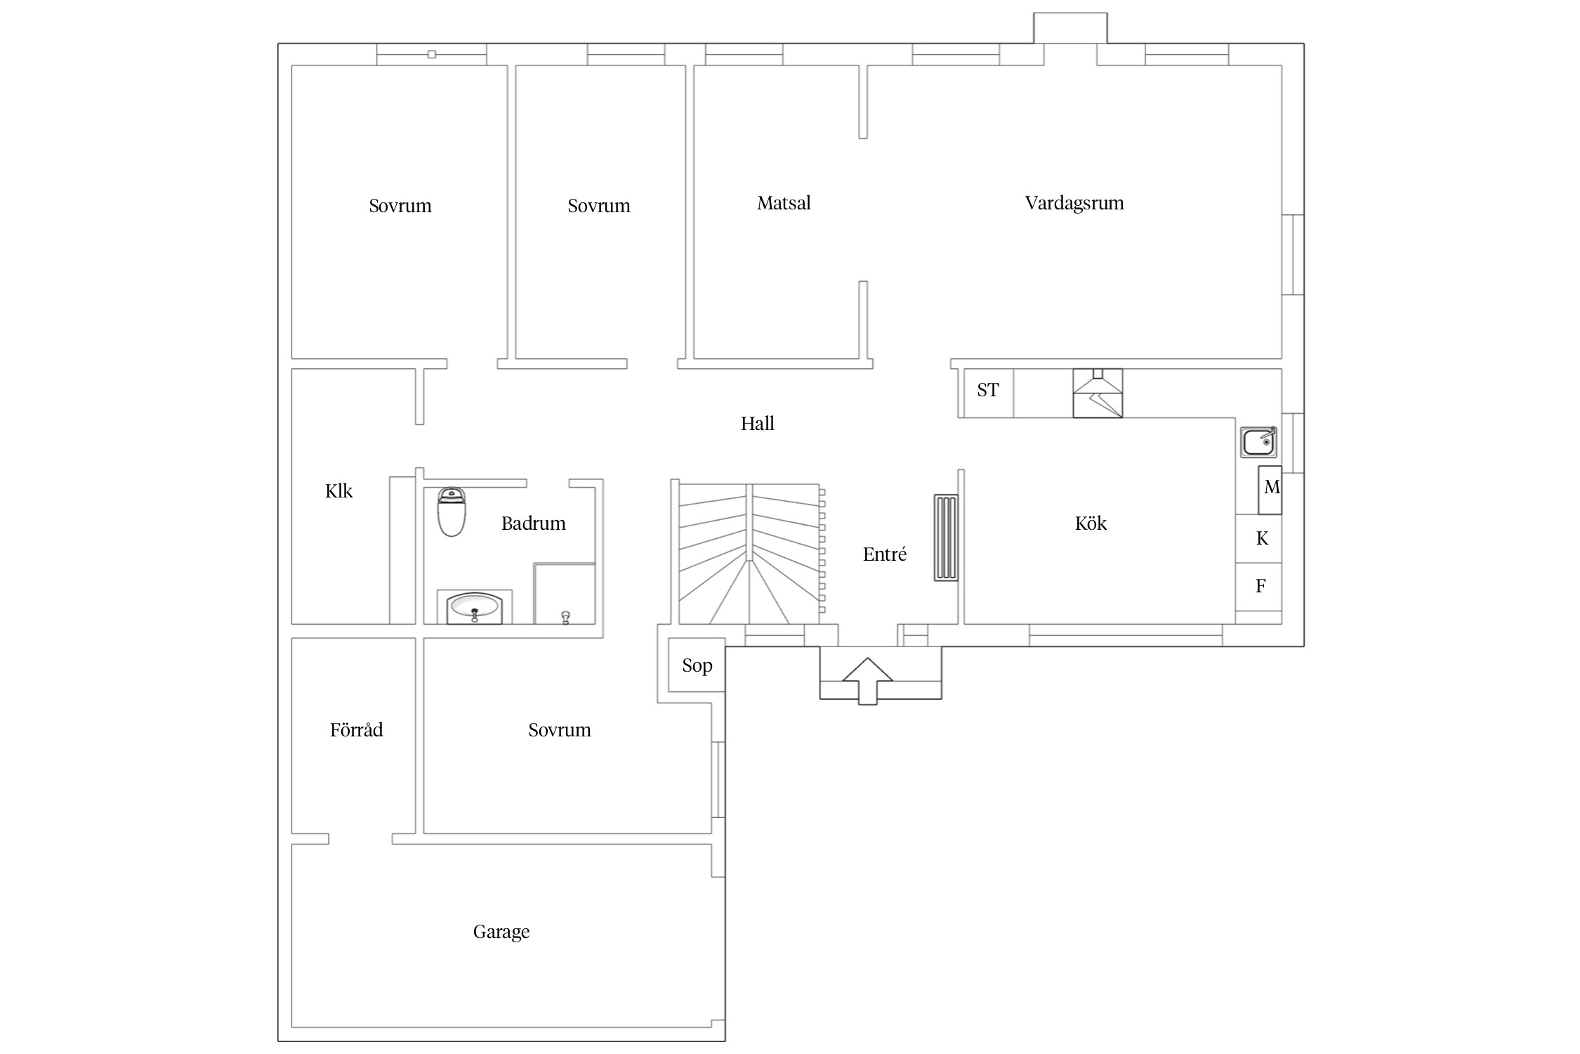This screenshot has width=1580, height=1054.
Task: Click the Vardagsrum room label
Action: [1074, 204]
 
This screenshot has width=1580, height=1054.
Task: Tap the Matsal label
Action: [784, 203]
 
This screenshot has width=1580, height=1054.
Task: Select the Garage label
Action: [501, 932]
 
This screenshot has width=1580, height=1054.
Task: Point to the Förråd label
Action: [357, 729]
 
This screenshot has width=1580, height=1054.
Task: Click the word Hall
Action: [758, 423]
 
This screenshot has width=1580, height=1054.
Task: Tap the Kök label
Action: [1091, 523]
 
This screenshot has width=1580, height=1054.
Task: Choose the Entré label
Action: [885, 554]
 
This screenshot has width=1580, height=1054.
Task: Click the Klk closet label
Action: [338, 490]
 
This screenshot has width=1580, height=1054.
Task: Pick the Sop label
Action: [697, 665]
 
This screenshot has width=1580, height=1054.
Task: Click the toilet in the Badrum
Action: [452, 512]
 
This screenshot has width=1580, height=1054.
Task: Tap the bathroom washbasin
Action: [475, 607]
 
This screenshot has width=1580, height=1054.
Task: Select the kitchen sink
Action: [1258, 443]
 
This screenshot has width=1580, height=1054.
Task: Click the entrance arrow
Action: [868, 681]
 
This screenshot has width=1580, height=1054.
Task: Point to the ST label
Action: [988, 390]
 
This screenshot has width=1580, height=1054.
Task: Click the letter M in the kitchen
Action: [1272, 487]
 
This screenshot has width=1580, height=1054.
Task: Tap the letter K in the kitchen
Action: [1262, 538]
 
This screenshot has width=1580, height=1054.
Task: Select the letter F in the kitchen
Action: [1260, 585]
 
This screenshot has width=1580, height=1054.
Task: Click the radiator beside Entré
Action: [946, 538]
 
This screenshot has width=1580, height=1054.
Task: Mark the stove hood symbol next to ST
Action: [1098, 393]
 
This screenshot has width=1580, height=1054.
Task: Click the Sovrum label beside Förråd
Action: [560, 730]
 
